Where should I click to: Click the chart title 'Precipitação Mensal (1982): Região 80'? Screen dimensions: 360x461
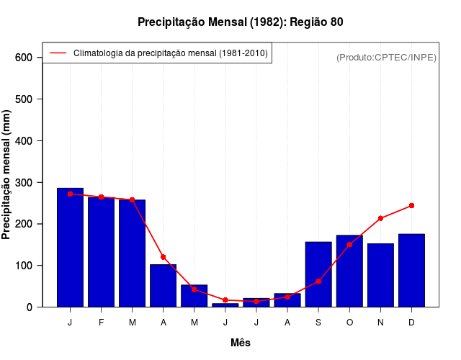240,22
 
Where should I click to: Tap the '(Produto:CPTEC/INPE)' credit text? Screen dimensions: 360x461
386,57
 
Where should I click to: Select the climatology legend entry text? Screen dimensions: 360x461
171,53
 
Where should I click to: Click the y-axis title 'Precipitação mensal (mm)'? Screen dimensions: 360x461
7,174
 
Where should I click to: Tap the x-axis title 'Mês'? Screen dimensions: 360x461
241,343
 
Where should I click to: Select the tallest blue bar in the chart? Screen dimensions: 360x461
70,247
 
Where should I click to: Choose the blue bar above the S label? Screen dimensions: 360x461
318,274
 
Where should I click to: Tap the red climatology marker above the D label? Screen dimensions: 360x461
411,205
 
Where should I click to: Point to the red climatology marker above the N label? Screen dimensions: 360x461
380,218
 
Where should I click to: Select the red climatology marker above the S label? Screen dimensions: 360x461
318,282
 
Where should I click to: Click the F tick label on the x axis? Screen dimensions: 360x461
101,323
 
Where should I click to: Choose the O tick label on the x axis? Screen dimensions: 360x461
349,323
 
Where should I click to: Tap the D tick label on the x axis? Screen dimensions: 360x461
411,323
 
